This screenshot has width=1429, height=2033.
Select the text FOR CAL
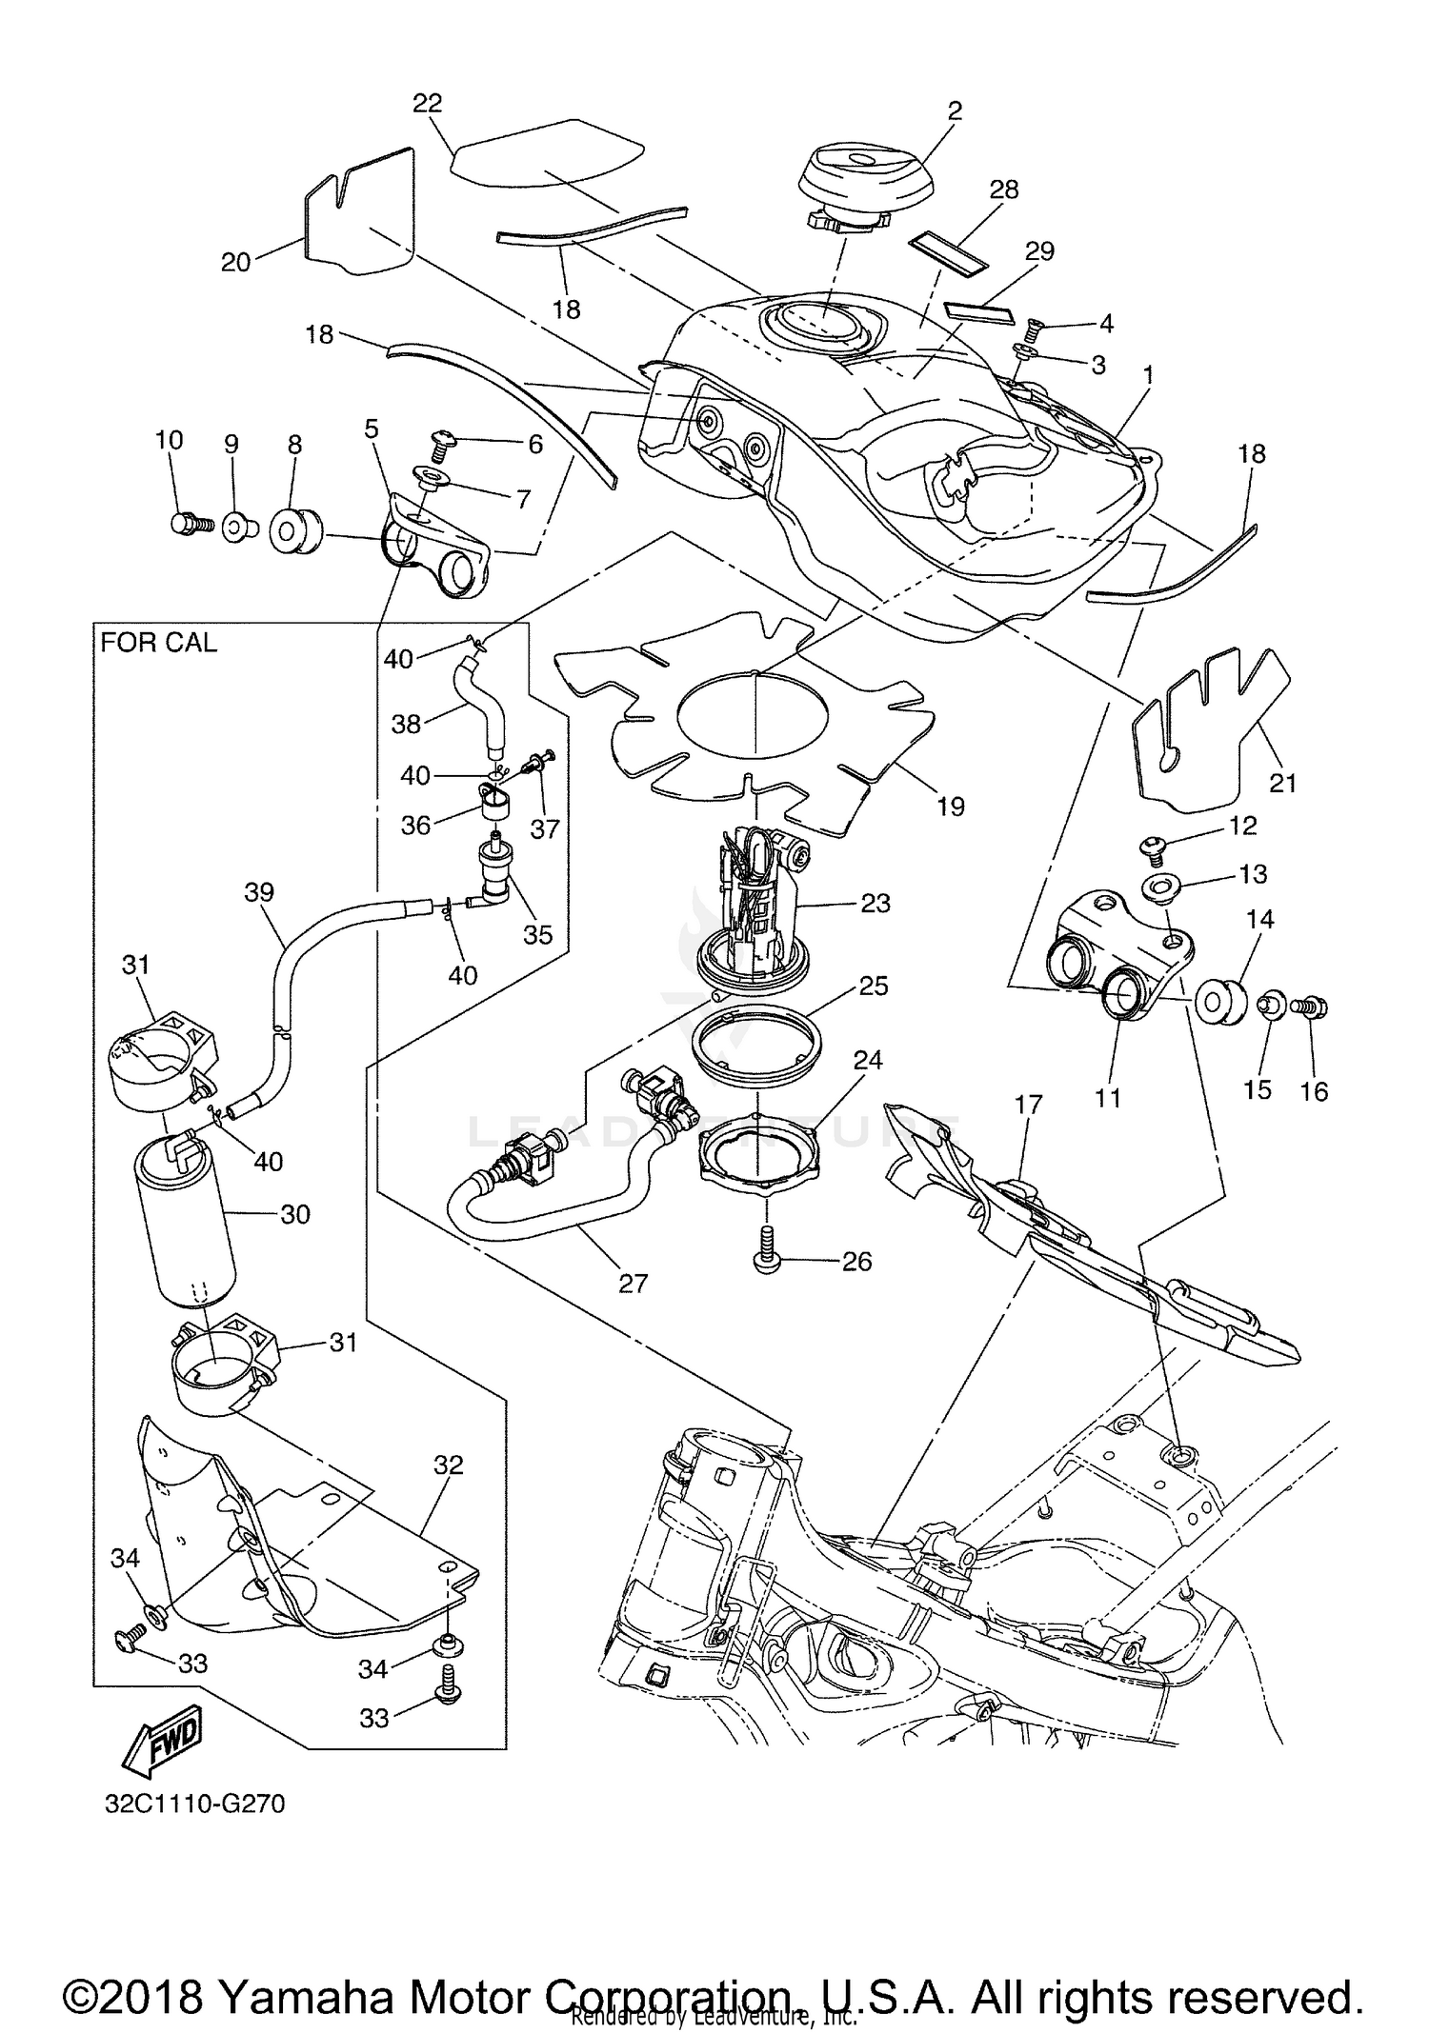[159, 643]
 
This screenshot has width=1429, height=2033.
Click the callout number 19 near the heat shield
[950, 807]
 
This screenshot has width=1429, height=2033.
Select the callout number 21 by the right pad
[1283, 783]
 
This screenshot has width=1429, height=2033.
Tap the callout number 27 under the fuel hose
[633, 1283]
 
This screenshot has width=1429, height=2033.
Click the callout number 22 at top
[428, 103]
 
